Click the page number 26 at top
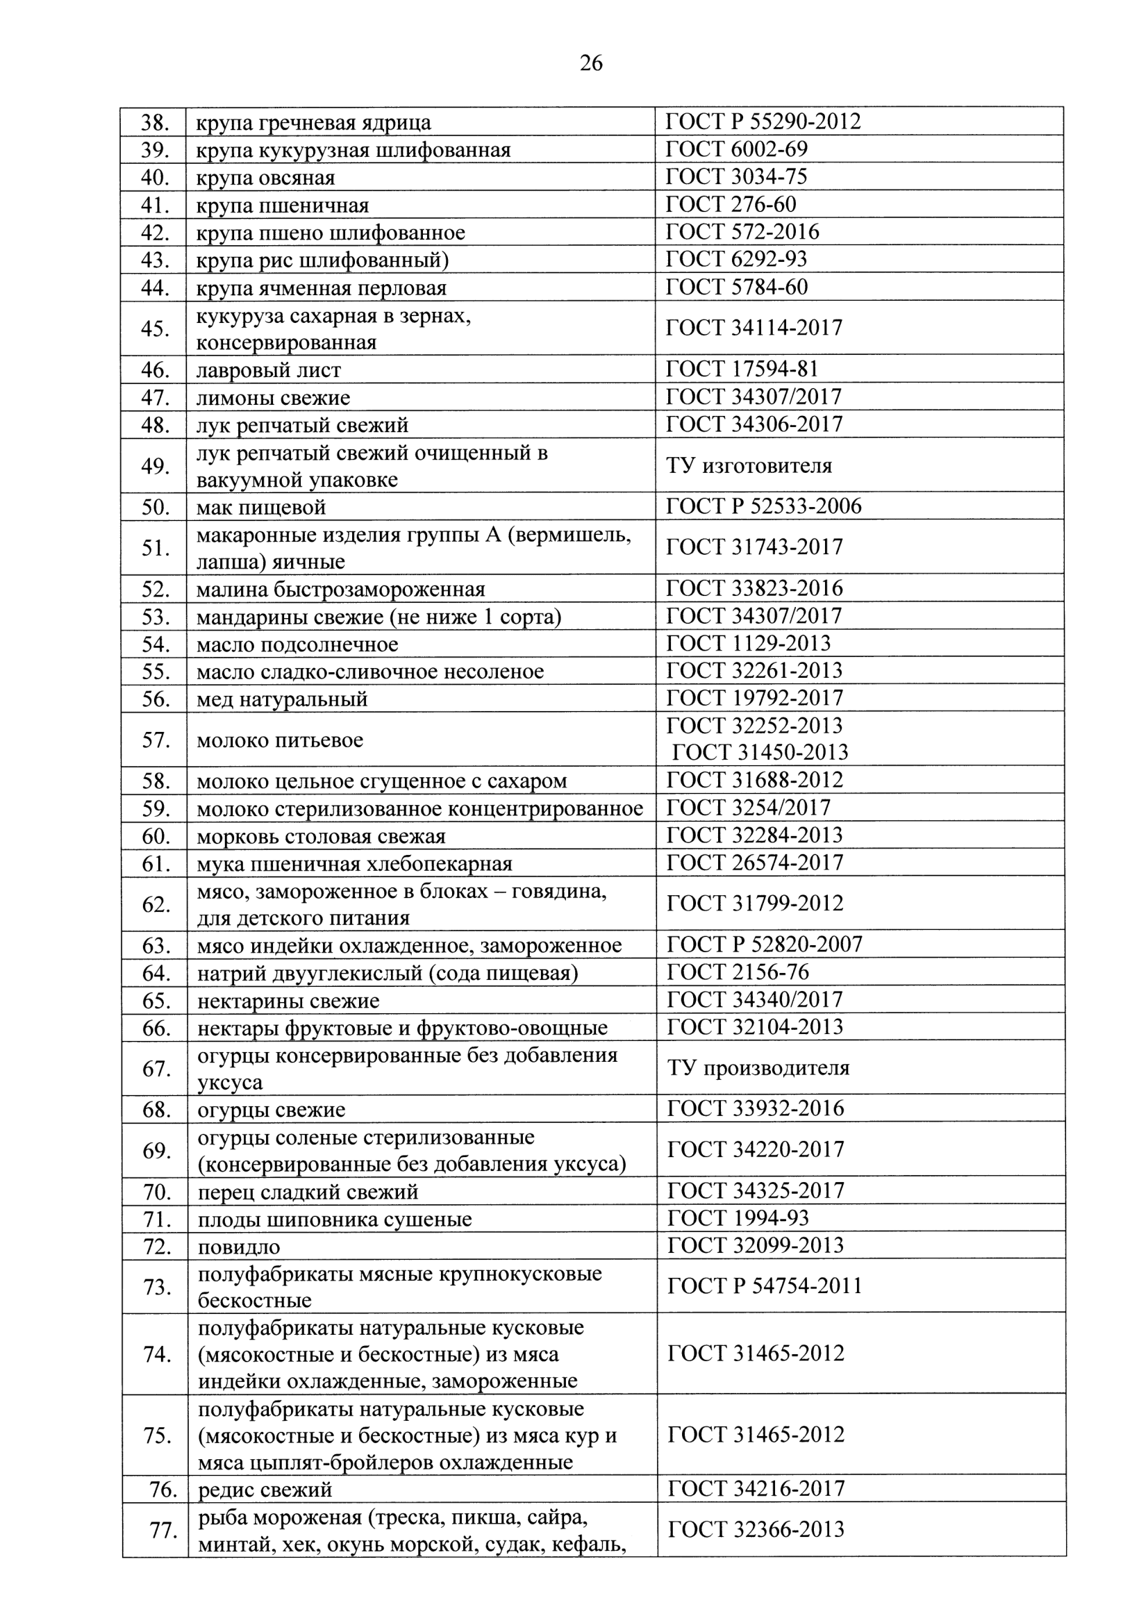[x=591, y=65]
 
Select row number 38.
[x=154, y=123]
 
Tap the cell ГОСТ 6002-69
[x=736, y=149]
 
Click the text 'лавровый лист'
[x=269, y=369]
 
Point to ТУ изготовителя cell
[x=749, y=466]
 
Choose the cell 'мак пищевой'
[x=261, y=508]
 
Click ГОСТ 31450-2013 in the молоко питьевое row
[x=759, y=752]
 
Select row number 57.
[x=155, y=740]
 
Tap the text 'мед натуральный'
[x=282, y=700]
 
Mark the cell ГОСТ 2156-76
[x=738, y=973]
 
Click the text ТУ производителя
[x=758, y=1068]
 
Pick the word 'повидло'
[x=239, y=1247]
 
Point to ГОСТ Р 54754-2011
[x=764, y=1285]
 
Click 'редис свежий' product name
[x=265, y=1491]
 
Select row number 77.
[x=162, y=1531]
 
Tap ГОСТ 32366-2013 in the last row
[x=756, y=1530]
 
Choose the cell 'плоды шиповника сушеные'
[x=334, y=1220]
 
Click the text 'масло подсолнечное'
[x=297, y=644]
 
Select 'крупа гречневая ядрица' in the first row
[x=313, y=123]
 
